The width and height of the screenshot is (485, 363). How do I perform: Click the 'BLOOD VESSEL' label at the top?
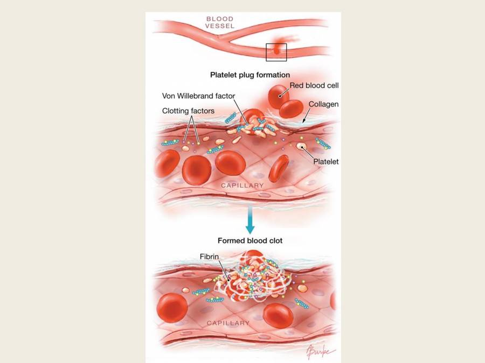click(219, 22)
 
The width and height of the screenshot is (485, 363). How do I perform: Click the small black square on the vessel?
click(276, 52)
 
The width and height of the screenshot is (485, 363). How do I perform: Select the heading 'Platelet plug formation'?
click(250, 75)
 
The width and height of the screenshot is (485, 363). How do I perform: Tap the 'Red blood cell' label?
click(314, 86)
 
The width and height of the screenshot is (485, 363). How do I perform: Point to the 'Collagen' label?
click(323, 104)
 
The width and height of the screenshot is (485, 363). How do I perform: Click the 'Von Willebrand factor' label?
click(198, 96)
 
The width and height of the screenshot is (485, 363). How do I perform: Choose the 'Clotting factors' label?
click(188, 111)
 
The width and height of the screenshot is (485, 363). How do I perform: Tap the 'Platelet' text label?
click(325, 161)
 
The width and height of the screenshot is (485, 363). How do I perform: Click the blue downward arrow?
click(250, 220)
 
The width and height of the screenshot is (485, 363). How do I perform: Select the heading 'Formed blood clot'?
click(250, 240)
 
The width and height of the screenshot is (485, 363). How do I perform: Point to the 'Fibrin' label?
click(209, 257)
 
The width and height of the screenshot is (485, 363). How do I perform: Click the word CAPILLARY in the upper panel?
click(242, 186)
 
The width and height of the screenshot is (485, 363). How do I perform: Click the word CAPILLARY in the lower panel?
click(228, 323)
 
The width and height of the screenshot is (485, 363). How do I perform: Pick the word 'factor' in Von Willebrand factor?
click(223, 96)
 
